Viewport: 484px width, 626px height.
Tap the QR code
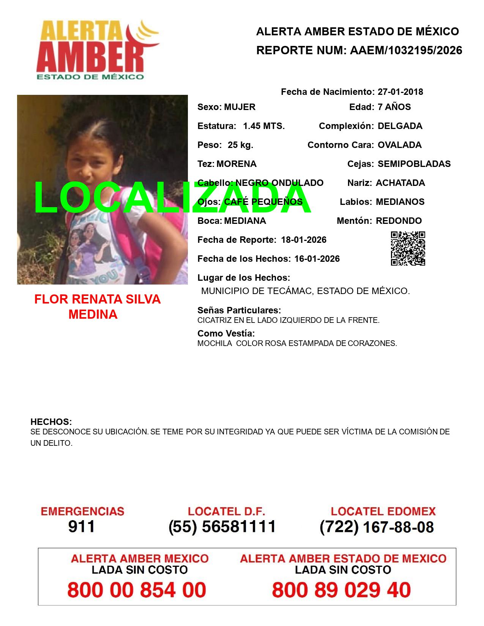[408, 249]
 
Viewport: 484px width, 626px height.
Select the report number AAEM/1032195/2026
[406, 50]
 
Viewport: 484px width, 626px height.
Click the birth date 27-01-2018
[400, 92]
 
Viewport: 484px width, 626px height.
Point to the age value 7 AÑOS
[394, 107]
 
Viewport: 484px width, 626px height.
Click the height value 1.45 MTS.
[264, 126]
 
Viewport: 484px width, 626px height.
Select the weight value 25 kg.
[240, 145]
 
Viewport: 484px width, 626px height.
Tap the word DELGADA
[400, 126]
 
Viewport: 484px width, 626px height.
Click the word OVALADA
[399, 145]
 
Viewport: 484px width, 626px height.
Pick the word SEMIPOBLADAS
[414, 164]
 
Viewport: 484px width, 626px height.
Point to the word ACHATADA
[400, 183]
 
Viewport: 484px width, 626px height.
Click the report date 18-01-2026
[304, 240]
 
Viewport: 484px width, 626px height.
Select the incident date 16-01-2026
[317, 259]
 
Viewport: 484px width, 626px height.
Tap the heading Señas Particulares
[239, 310]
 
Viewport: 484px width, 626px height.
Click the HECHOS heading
[51, 422]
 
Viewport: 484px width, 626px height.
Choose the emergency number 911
[82, 527]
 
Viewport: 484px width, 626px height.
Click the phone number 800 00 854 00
[137, 590]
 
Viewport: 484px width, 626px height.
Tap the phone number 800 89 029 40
[341, 590]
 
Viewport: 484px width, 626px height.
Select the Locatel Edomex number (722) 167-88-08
[377, 527]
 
